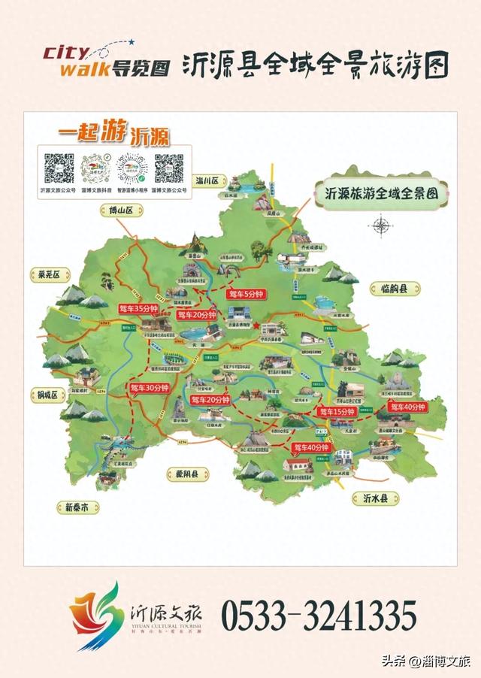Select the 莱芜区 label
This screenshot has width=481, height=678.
click(49, 274)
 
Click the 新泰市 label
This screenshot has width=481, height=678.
click(80, 507)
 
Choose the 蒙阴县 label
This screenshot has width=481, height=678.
click(186, 474)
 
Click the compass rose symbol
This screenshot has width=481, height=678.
click(383, 224)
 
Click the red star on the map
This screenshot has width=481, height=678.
click(256, 325)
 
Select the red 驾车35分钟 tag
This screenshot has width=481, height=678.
click(139, 308)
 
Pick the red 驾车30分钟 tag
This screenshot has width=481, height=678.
click(148, 388)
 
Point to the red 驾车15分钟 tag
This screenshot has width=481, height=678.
click(336, 412)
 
